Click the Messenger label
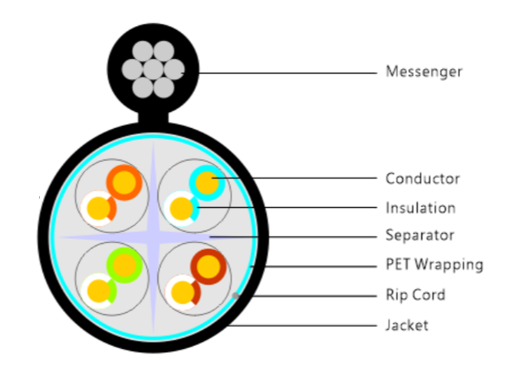click(423, 73)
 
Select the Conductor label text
click(423, 179)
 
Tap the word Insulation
click(420, 208)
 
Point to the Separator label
click(419, 235)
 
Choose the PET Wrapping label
click(434, 265)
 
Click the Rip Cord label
click(415, 295)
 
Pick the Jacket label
click(406, 325)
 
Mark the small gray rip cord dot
click(235, 295)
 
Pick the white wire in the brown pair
click(182, 291)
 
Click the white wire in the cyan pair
click(181, 207)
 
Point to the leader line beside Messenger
click(284, 73)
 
